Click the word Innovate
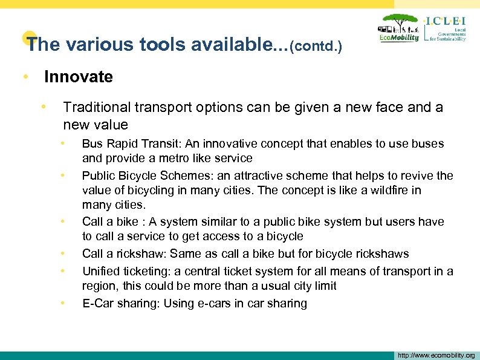pyautogui.click(x=78, y=77)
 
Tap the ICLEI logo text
pyautogui.click(x=446, y=21)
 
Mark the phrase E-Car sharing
pyautogui.click(x=118, y=304)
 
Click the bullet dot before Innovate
pyautogui.click(x=25, y=77)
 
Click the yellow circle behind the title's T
pyautogui.click(x=26, y=38)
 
